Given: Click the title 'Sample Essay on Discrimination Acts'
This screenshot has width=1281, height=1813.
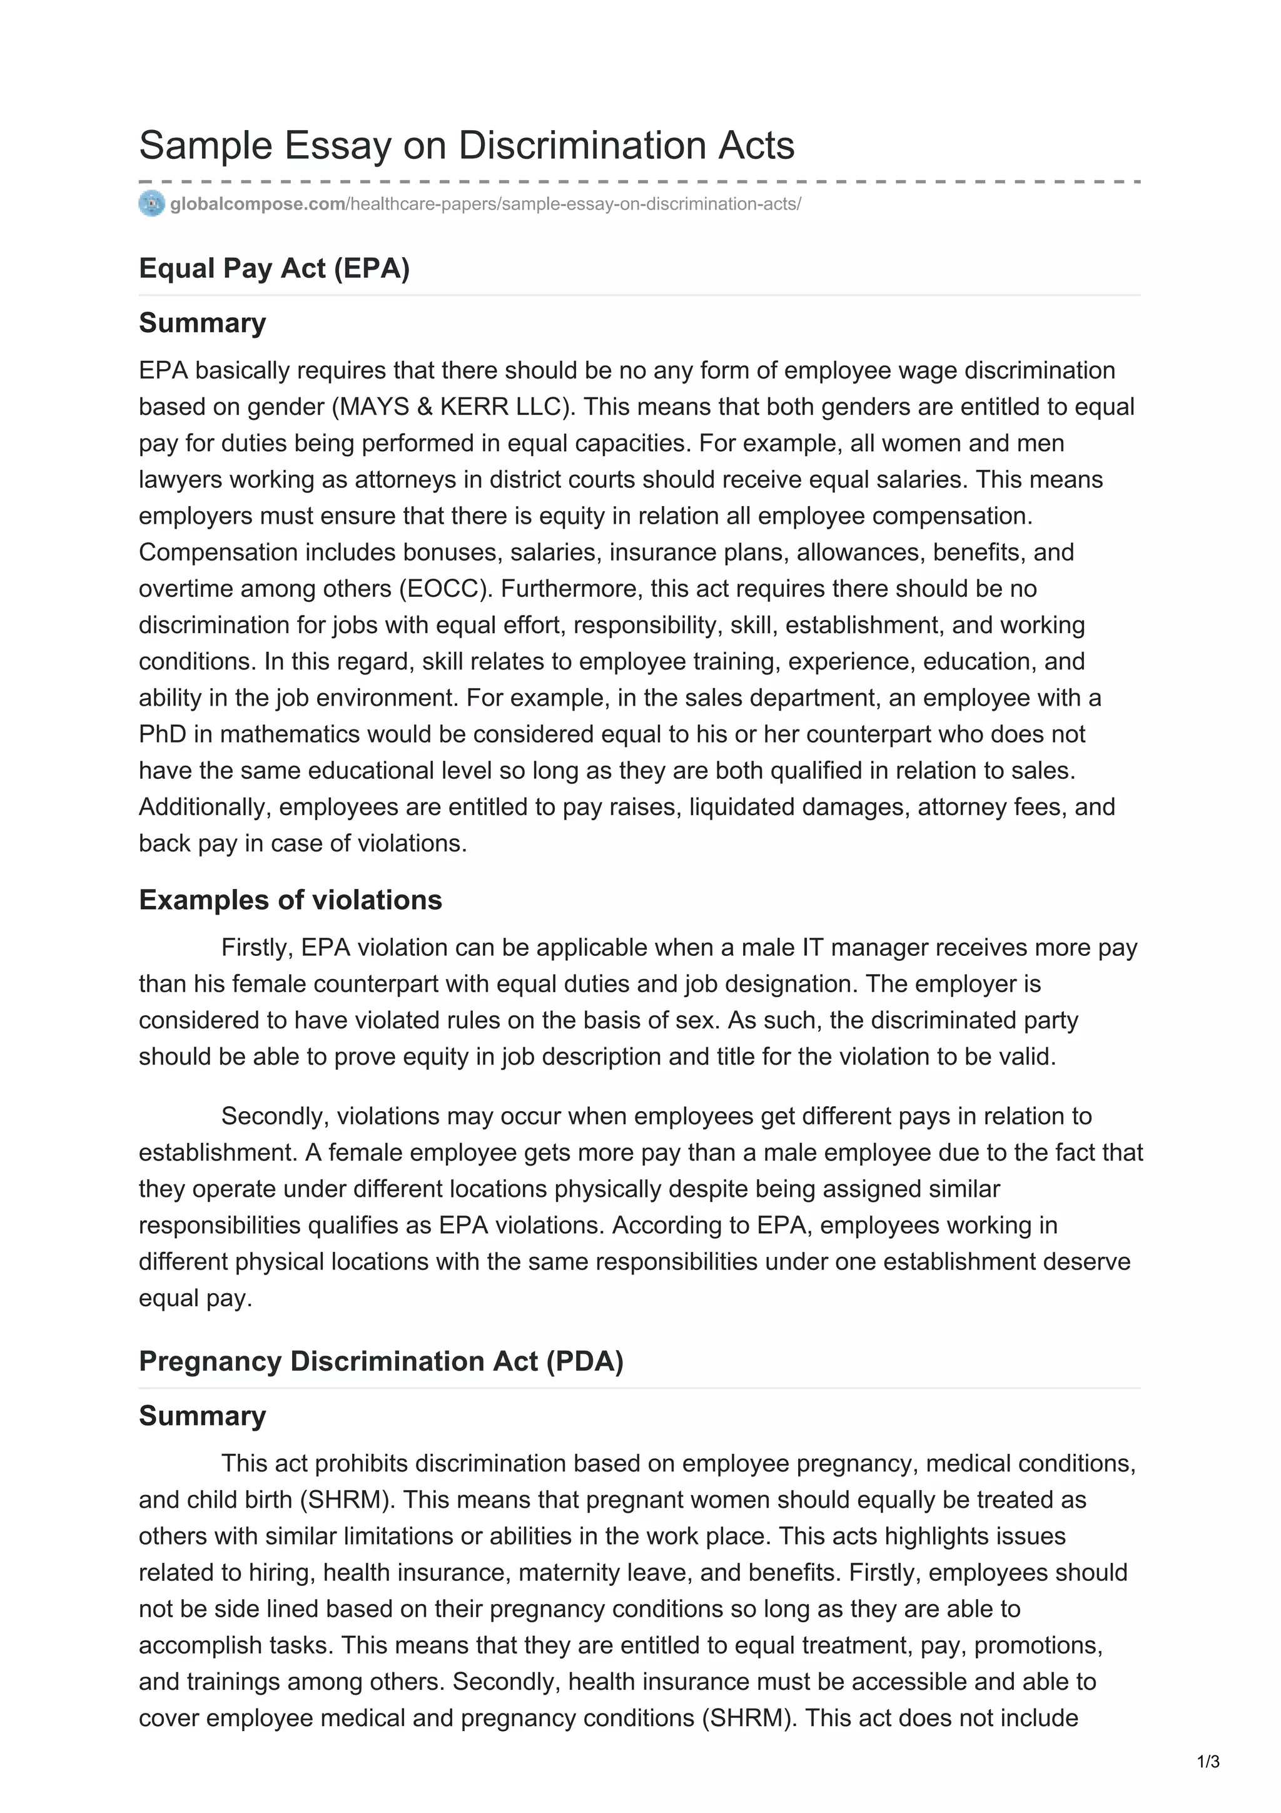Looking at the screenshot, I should [467, 146].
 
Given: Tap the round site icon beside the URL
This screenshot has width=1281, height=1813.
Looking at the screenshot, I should [151, 204].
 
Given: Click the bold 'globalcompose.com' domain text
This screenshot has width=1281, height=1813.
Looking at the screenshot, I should [257, 205].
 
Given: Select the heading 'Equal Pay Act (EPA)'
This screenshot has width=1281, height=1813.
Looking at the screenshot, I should [274, 268].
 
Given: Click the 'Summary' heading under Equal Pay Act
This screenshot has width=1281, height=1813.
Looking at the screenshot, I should [202, 323].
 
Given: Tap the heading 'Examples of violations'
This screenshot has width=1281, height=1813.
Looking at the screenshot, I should [290, 900].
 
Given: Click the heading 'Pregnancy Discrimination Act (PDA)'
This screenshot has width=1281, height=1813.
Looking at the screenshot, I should [380, 1361].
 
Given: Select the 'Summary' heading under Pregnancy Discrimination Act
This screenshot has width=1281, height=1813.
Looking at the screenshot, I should [202, 1416].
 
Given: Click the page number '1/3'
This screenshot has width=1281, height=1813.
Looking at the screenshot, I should [1208, 1762].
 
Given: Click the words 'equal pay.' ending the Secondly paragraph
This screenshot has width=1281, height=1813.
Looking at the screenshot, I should [195, 1298].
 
